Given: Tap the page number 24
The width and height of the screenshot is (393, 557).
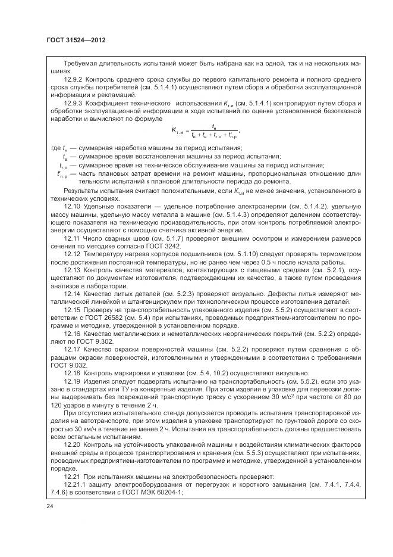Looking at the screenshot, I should pos(49,506).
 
